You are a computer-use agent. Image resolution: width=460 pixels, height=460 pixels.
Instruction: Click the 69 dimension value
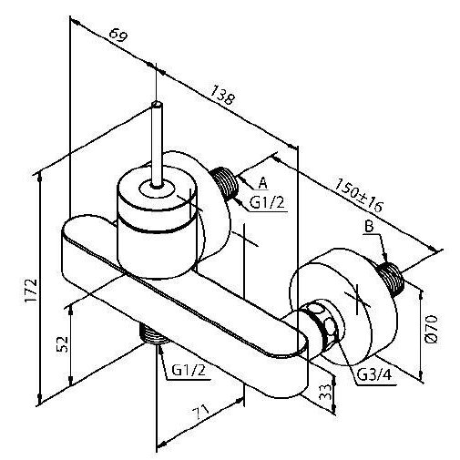(x=118, y=35)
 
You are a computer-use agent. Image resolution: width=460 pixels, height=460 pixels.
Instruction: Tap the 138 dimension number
(x=223, y=95)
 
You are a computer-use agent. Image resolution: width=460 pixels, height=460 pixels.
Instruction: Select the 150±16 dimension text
(x=359, y=196)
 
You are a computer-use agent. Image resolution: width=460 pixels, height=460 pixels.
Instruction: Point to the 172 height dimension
(x=31, y=290)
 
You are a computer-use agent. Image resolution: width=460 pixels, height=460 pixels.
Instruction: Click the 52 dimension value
(x=63, y=344)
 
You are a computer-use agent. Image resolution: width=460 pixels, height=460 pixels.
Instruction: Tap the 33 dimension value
(x=325, y=393)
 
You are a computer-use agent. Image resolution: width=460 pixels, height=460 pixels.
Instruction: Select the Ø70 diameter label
(x=432, y=329)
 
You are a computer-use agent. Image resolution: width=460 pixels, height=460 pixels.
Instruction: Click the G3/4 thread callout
(x=374, y=375)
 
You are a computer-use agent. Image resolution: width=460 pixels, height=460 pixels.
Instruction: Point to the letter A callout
(x=263, y=183)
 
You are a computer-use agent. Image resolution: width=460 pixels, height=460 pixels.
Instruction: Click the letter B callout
(x=369, y=227)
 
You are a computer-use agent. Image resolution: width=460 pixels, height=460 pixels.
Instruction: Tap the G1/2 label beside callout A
(x=268, y=202)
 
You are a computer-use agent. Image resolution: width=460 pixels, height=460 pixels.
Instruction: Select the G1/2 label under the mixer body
(x=189, y=370)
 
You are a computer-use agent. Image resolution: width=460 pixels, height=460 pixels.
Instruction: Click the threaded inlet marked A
(x=225, y=183)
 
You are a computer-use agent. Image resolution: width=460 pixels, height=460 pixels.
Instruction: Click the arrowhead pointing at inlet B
(x=384, y=257)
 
